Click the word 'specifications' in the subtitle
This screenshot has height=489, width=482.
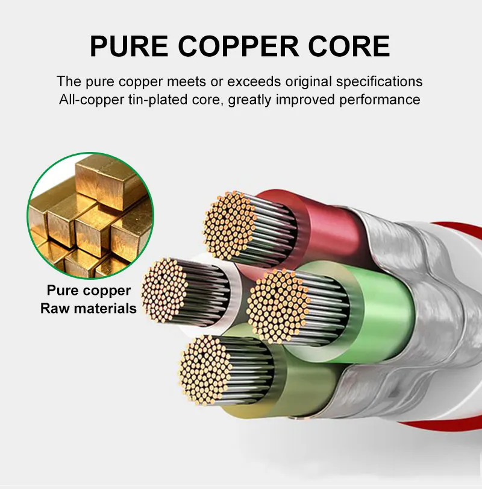coord(379,82)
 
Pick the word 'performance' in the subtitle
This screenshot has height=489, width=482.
coord(380,100)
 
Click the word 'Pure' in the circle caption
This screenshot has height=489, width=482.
coord(62,291)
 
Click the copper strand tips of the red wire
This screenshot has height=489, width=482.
coord(230,224)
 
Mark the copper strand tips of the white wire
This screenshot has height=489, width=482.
coord(164,287)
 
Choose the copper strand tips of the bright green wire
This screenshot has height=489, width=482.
coord(278,306)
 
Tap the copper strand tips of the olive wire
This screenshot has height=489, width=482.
coord(205,370)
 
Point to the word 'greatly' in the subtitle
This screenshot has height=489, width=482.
coord(249,101)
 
